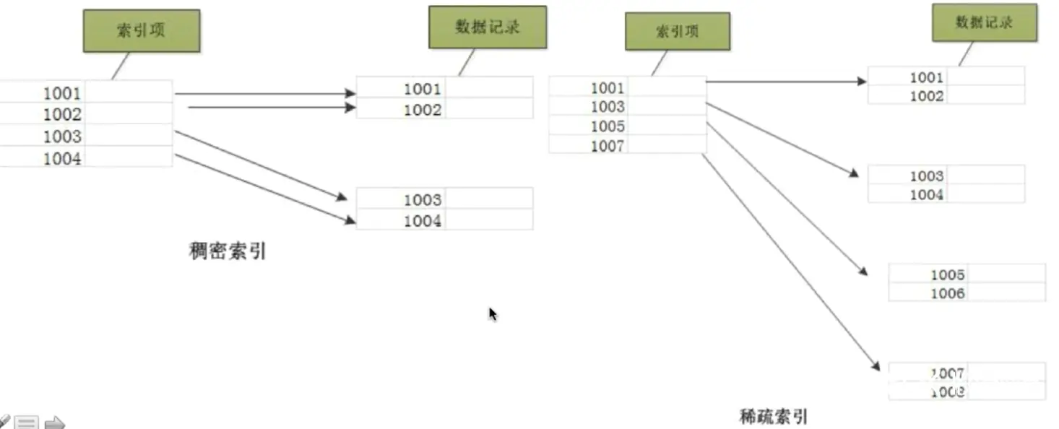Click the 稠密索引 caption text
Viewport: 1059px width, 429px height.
228,251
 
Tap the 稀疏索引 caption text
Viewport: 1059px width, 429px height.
773,416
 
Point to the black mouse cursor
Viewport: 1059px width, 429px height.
493,313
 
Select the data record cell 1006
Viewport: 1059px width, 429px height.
947,293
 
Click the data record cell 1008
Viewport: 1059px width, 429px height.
947,391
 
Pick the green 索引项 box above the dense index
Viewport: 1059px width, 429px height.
141,30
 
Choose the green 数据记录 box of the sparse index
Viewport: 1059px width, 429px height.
984,23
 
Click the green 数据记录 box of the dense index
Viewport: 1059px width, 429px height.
488,27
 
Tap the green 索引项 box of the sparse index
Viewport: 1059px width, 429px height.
677,31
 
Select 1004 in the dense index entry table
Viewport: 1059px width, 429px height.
62,159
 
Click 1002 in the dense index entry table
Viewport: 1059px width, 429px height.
62,114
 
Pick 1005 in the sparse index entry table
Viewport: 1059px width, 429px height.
607,126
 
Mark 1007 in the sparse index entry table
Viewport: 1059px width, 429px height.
607,146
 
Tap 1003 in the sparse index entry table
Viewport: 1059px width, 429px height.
607,107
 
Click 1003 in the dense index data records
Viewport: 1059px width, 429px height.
423,199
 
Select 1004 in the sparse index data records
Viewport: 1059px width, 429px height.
926,194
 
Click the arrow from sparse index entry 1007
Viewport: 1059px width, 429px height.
791,263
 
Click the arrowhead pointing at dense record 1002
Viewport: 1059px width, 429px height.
351,108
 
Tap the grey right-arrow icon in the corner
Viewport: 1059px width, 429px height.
55,422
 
